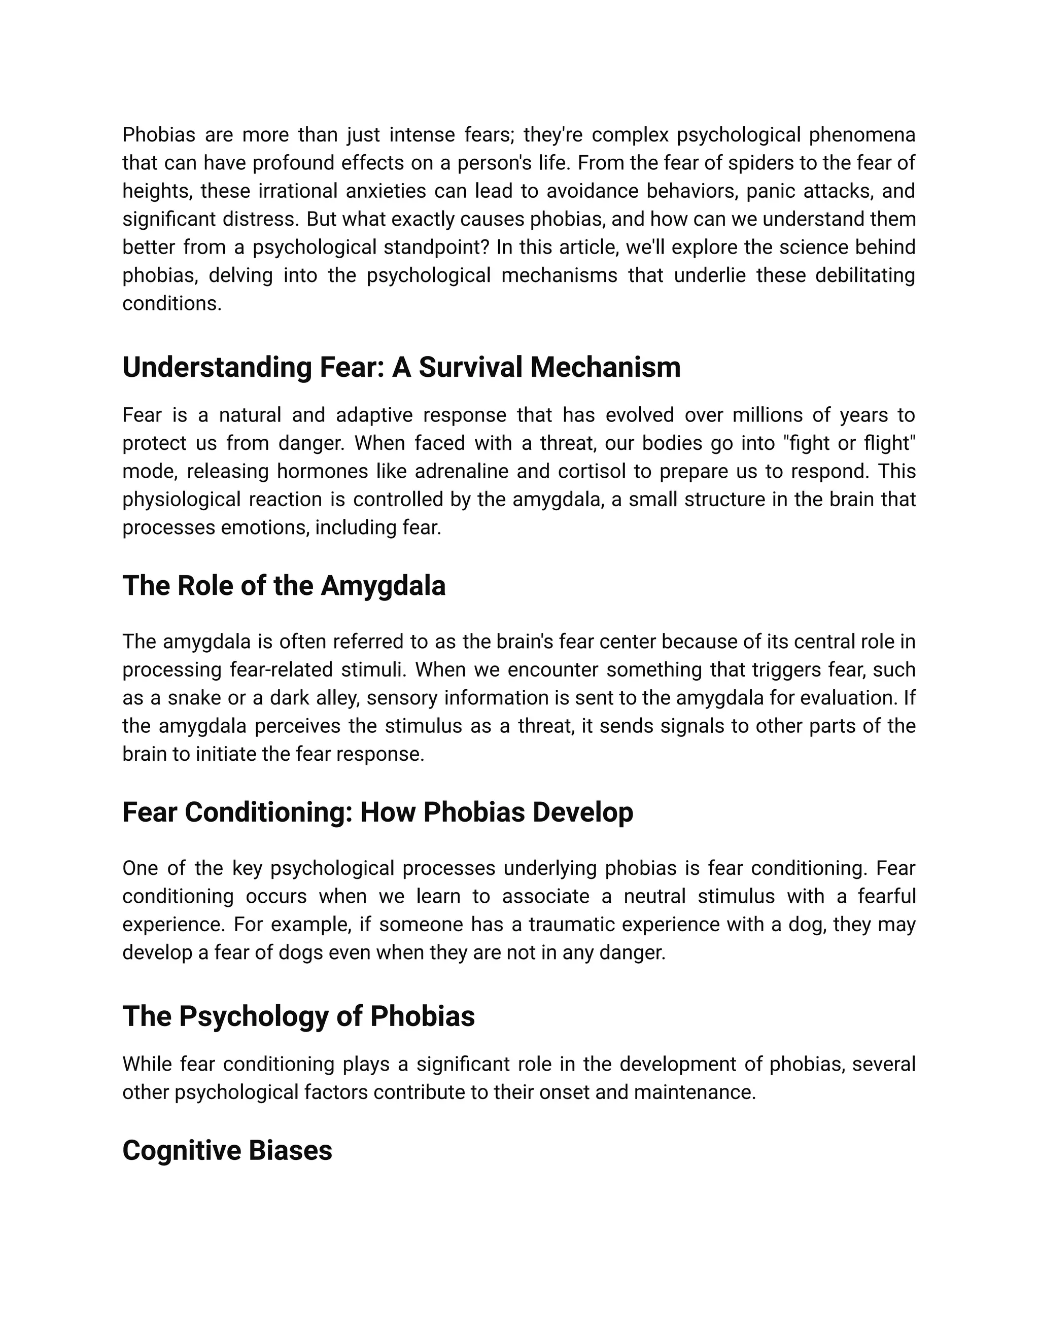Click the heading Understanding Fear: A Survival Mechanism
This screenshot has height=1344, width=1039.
401,367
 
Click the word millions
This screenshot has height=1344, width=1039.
767,415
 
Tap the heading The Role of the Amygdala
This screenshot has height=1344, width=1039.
284,585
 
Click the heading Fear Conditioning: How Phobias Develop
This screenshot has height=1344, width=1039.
377,812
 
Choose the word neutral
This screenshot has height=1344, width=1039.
654,897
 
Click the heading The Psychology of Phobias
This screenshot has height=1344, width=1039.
298,1016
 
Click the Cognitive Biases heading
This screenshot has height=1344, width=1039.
227,1151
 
